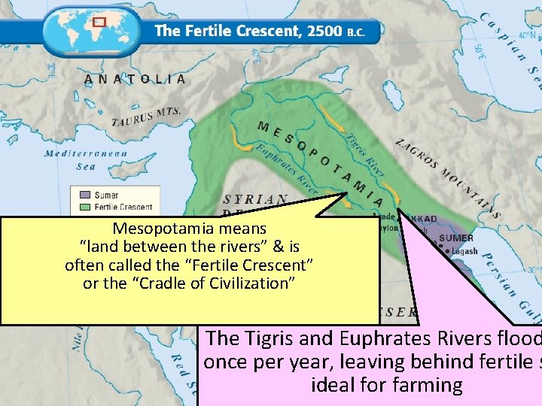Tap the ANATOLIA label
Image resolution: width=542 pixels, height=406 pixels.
pos(135,79)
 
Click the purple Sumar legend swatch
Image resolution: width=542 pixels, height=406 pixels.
pos(85,195)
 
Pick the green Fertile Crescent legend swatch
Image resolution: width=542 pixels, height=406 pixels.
pos(85,207)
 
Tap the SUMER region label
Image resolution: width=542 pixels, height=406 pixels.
pos(456,238)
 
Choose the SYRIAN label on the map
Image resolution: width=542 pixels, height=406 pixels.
pos(255,199)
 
